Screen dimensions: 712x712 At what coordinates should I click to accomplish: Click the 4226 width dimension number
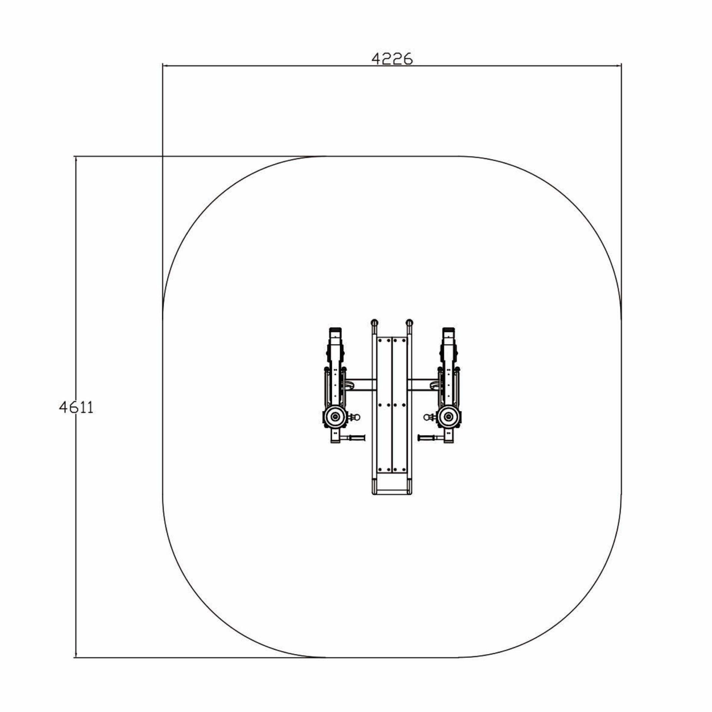(392, 59)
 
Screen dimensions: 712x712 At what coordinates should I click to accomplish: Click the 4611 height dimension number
(76, 408)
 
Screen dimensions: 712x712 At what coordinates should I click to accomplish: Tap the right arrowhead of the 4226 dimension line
(618, 66)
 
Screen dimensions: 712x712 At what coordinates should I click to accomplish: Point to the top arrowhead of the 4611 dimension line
(76, 160)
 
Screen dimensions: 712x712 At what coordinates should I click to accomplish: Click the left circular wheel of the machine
(336, 417)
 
